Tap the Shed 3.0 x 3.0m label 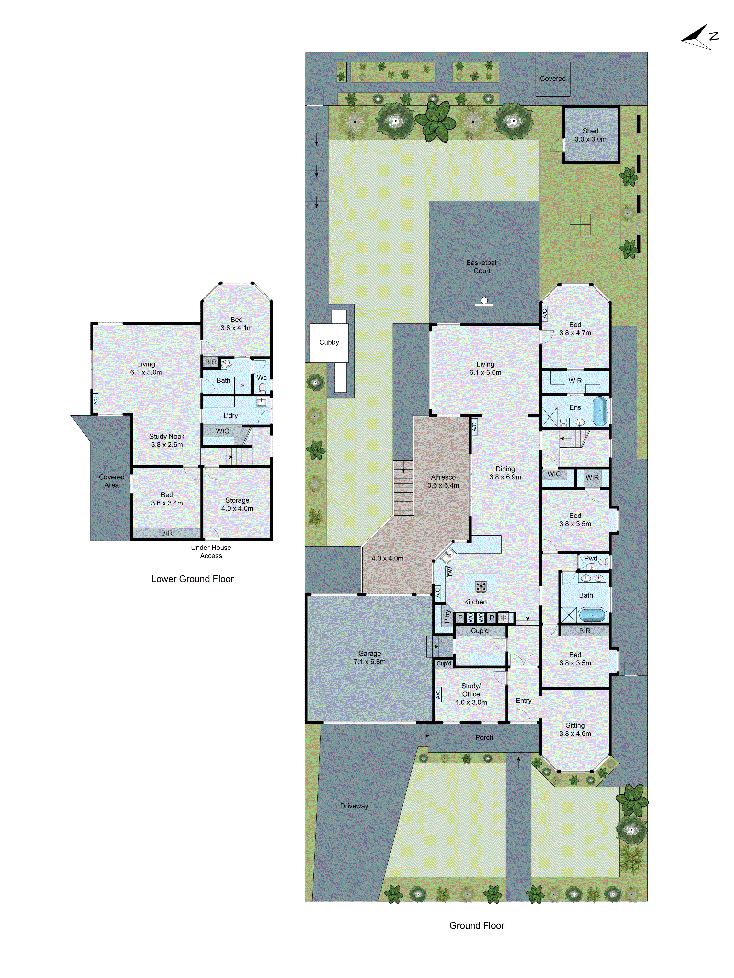coord(590,135)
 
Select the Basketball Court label coord(482,267)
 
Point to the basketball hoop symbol coord(484,302)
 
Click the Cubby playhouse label coord(329,342)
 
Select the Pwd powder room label coord(591,558)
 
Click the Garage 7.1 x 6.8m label coord(369,658)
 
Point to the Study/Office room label coord(471,694)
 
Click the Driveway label coord(354,806)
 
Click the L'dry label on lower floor coord(230,416)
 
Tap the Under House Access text coord(211,551)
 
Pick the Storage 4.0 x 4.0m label coord(237,504)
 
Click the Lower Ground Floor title coord(193,579)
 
